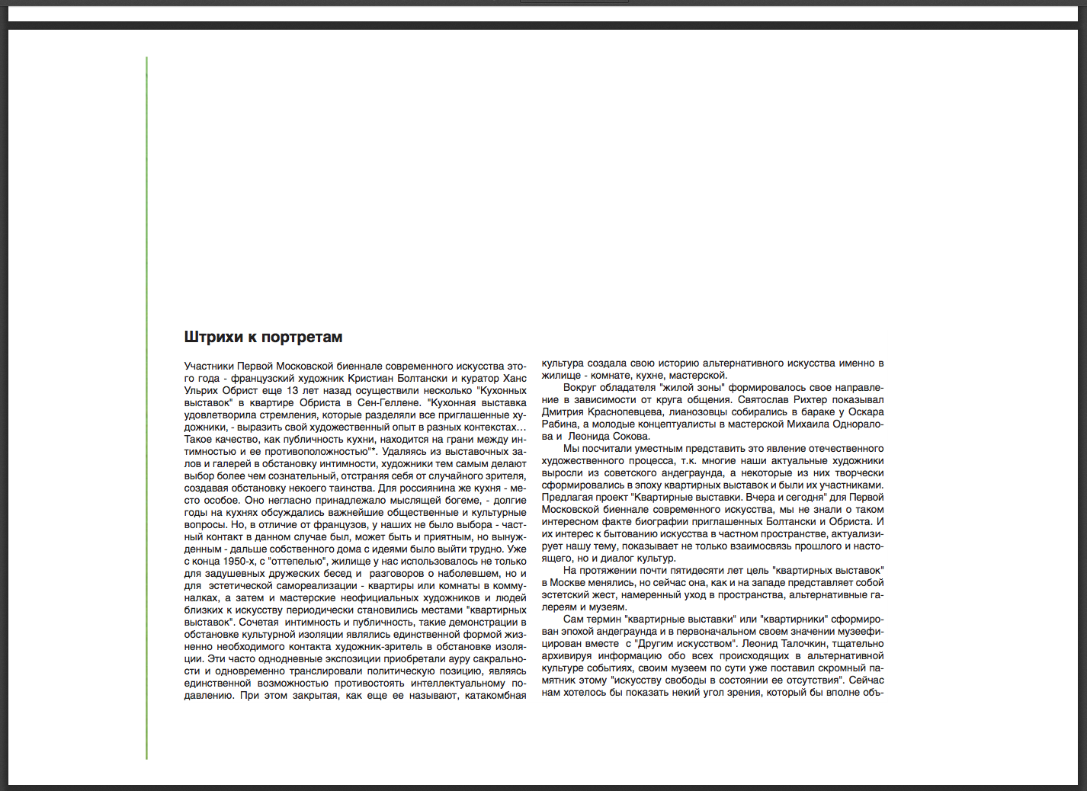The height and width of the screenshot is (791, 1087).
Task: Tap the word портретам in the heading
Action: point(302,337)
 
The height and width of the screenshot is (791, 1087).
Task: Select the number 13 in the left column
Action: point(292,390)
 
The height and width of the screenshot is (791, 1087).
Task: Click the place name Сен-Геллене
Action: point(389,402)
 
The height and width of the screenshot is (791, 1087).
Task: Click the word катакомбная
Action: point(495,695)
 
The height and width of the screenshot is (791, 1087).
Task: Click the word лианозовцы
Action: point(698,412)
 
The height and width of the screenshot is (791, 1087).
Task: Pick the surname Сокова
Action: point(630,436)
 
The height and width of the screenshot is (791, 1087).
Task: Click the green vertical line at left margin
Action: point(146,408)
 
